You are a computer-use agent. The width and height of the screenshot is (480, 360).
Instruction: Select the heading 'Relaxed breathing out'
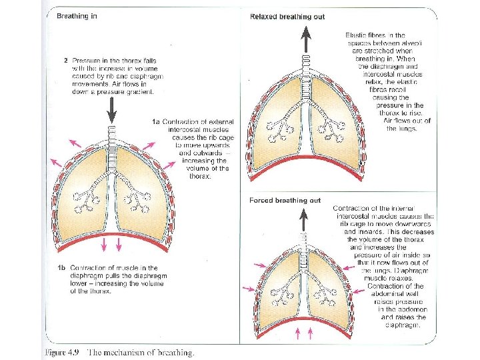[287, 16]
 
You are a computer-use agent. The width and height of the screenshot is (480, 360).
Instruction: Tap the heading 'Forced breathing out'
[285, 200]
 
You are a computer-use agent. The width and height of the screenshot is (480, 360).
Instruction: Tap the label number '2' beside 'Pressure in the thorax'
[65, 61]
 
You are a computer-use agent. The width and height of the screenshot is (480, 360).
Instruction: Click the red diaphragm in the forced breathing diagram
[306, 317]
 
